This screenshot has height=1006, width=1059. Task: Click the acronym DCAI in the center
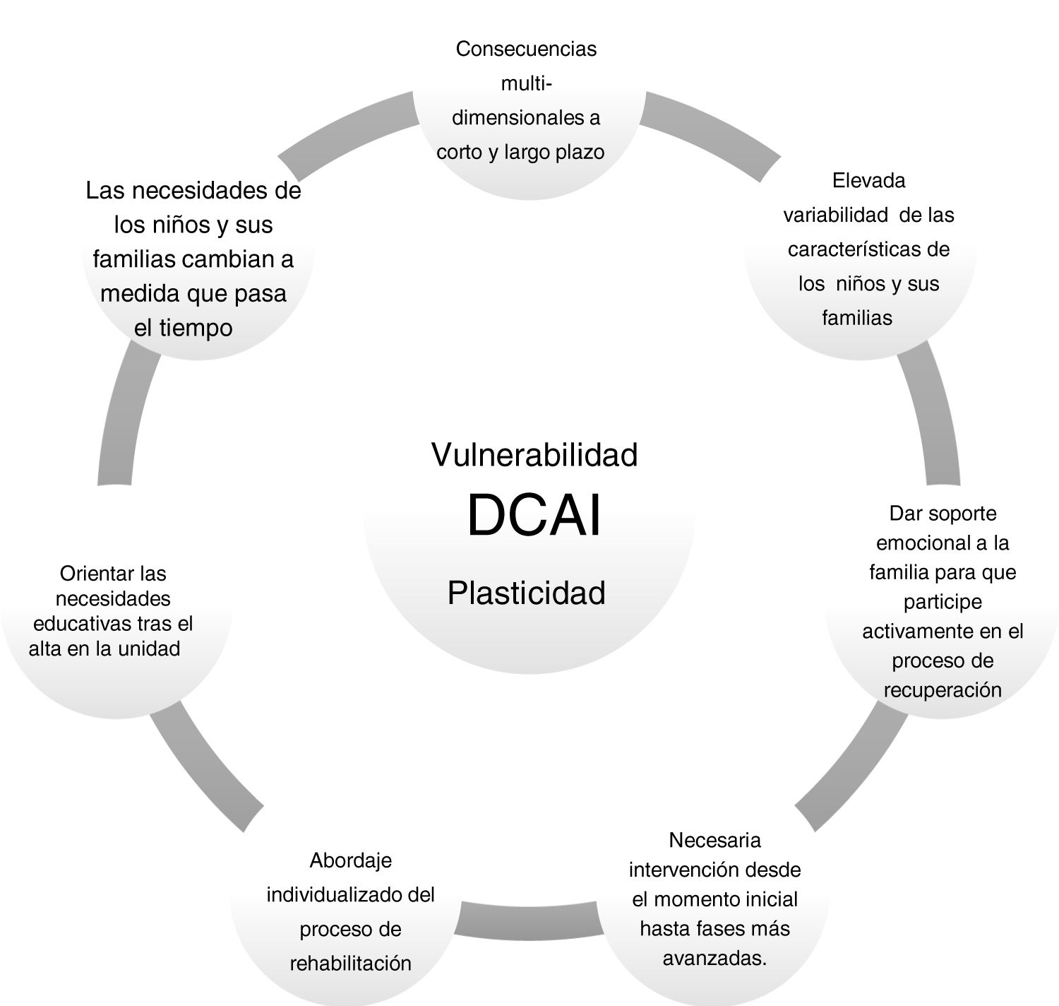[x=534, y=516]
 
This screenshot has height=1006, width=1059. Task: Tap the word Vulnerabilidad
[x=534, y=454]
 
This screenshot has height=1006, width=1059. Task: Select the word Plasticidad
[x=527, y=593]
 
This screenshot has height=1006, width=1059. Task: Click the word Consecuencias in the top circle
[x=526, y=49]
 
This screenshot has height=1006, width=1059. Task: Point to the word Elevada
[x=868, y=180]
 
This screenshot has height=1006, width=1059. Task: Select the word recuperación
[x=943, y=690]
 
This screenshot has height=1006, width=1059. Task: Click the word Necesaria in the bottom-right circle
[x=714, y=840]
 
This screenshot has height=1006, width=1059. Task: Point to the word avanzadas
[x=714, y=959]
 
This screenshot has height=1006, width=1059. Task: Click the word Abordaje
[x=351, y=860]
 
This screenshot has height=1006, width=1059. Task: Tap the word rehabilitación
[x=351, y=963]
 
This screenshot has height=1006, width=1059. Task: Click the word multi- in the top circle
[x=526, y=83]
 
